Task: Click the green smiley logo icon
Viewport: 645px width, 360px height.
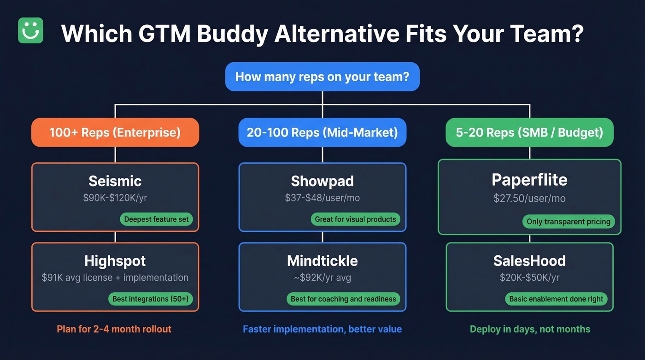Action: click(30, 31)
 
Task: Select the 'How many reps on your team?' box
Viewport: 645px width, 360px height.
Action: click(322, 77)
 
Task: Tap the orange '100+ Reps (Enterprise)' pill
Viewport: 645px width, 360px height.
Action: click(115, 133)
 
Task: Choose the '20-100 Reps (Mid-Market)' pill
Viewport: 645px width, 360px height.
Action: click(322, 133)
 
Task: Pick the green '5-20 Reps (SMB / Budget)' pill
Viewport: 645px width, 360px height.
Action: click(529, 133)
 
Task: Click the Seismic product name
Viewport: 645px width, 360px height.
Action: click(115, 181)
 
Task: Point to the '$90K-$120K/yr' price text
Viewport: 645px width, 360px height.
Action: click(115, 198)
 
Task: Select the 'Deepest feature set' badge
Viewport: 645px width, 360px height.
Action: click(157, 219)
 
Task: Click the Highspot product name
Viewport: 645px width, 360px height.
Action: click(115, 261)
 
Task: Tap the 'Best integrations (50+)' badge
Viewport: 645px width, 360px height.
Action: click(151, 299)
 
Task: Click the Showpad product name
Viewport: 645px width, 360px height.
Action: click(322, 181)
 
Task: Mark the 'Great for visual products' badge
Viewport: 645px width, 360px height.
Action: click(355, 219)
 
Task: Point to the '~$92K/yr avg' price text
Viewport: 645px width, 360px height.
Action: click(322, 278)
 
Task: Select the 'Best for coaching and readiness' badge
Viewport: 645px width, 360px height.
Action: click(343, 299)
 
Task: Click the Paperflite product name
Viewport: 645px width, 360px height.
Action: click(529, 180)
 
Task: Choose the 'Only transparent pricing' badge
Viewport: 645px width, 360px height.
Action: click(568, 222)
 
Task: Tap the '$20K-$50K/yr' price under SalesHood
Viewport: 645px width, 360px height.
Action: click(529, 278)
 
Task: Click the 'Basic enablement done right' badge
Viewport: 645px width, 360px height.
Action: click(556, 299)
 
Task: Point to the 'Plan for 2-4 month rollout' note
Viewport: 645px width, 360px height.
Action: click(114, 329)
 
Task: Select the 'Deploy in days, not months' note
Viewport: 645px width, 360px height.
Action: click(530, 329)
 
